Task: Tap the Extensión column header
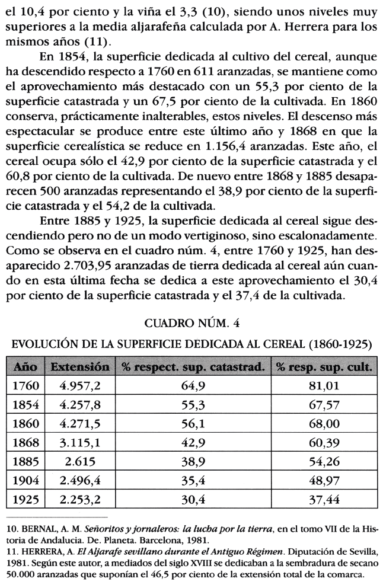[x=80, y=367]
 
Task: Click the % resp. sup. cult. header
[x=324, y=367]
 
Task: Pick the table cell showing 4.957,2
[x=80, y=386]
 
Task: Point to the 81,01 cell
[x=324, y=386]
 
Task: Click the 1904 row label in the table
[x=26, y=481]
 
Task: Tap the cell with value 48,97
[x=324, y=481]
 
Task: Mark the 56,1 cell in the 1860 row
[x=192, y=424]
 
